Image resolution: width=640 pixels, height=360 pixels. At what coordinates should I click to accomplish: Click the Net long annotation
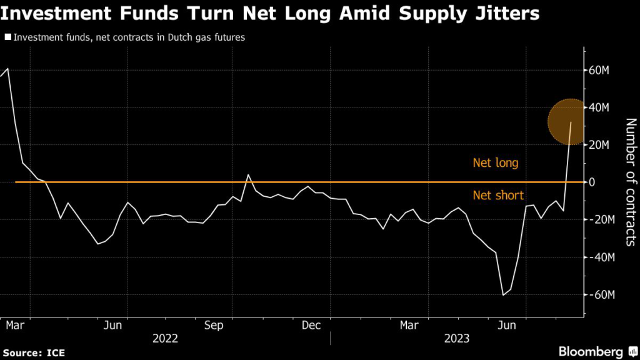[x=496, y=163]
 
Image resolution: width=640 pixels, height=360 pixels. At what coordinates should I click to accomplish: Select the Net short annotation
[x=498, y=196]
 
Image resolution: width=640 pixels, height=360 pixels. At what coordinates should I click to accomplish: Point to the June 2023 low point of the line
[x=503, y=295]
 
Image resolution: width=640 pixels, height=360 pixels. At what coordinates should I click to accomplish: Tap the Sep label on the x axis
[x=214, y=326]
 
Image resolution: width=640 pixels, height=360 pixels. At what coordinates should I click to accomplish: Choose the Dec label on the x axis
[x=311, y=326]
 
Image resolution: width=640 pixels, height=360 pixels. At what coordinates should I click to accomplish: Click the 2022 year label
[x=165, y=339]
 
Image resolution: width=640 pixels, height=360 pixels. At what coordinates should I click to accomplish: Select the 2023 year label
[x=457, y=339]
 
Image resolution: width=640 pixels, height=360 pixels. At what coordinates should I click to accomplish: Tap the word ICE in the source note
[x=54, y=352]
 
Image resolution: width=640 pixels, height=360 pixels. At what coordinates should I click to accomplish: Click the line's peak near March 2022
[x=7, y=68]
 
